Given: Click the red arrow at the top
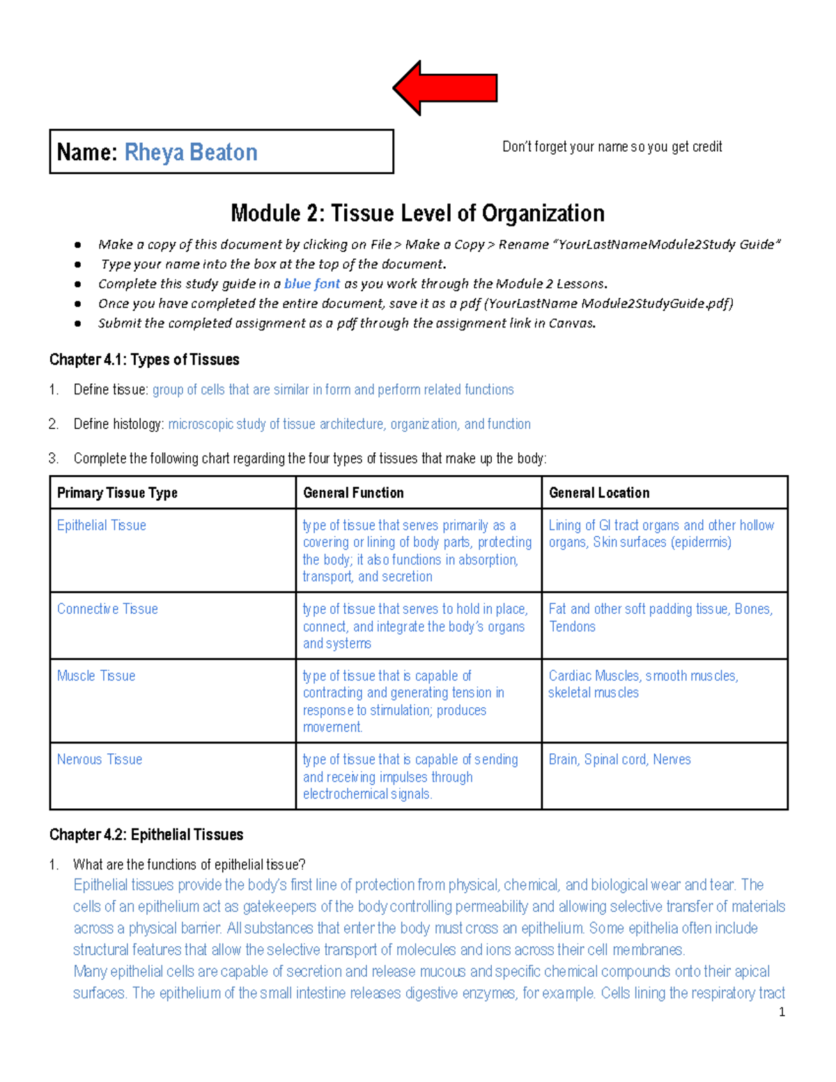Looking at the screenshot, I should click(x=446, y=88).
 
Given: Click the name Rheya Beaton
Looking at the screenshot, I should click(x=191, y=152).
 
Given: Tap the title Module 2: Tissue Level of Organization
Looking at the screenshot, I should click(x=417, y=213).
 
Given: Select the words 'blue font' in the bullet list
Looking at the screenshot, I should click(x=312, y=284).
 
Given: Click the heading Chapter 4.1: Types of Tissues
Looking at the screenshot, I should click(x=144, y=360).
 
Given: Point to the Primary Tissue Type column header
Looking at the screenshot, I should click(x=117, y=493).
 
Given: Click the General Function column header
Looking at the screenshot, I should click(x=353, y=493).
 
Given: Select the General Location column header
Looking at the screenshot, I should click(x=599, y=493).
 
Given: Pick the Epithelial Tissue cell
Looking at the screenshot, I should click(x=102, y=525).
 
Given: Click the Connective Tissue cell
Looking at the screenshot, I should click(x=107, y=609).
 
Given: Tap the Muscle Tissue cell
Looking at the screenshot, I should click(x=96, y=676).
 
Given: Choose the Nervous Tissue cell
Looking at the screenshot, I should click(x=100, y=759).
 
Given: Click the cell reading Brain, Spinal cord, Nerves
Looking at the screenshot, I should click(x=619, y=759).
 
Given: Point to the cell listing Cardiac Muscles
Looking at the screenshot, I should click(x=642, y=683).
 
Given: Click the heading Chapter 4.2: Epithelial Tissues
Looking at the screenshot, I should click(x=146, y=835).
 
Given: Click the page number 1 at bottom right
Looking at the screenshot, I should click(x=782, y=1012).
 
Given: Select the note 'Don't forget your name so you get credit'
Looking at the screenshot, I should click(x=612, y=147).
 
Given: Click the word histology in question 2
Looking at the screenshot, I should click(x=138, y=424).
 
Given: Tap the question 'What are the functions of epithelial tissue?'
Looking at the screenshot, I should click(x=189, y=865).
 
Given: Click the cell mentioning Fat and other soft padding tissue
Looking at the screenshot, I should click(x=660, y=617).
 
